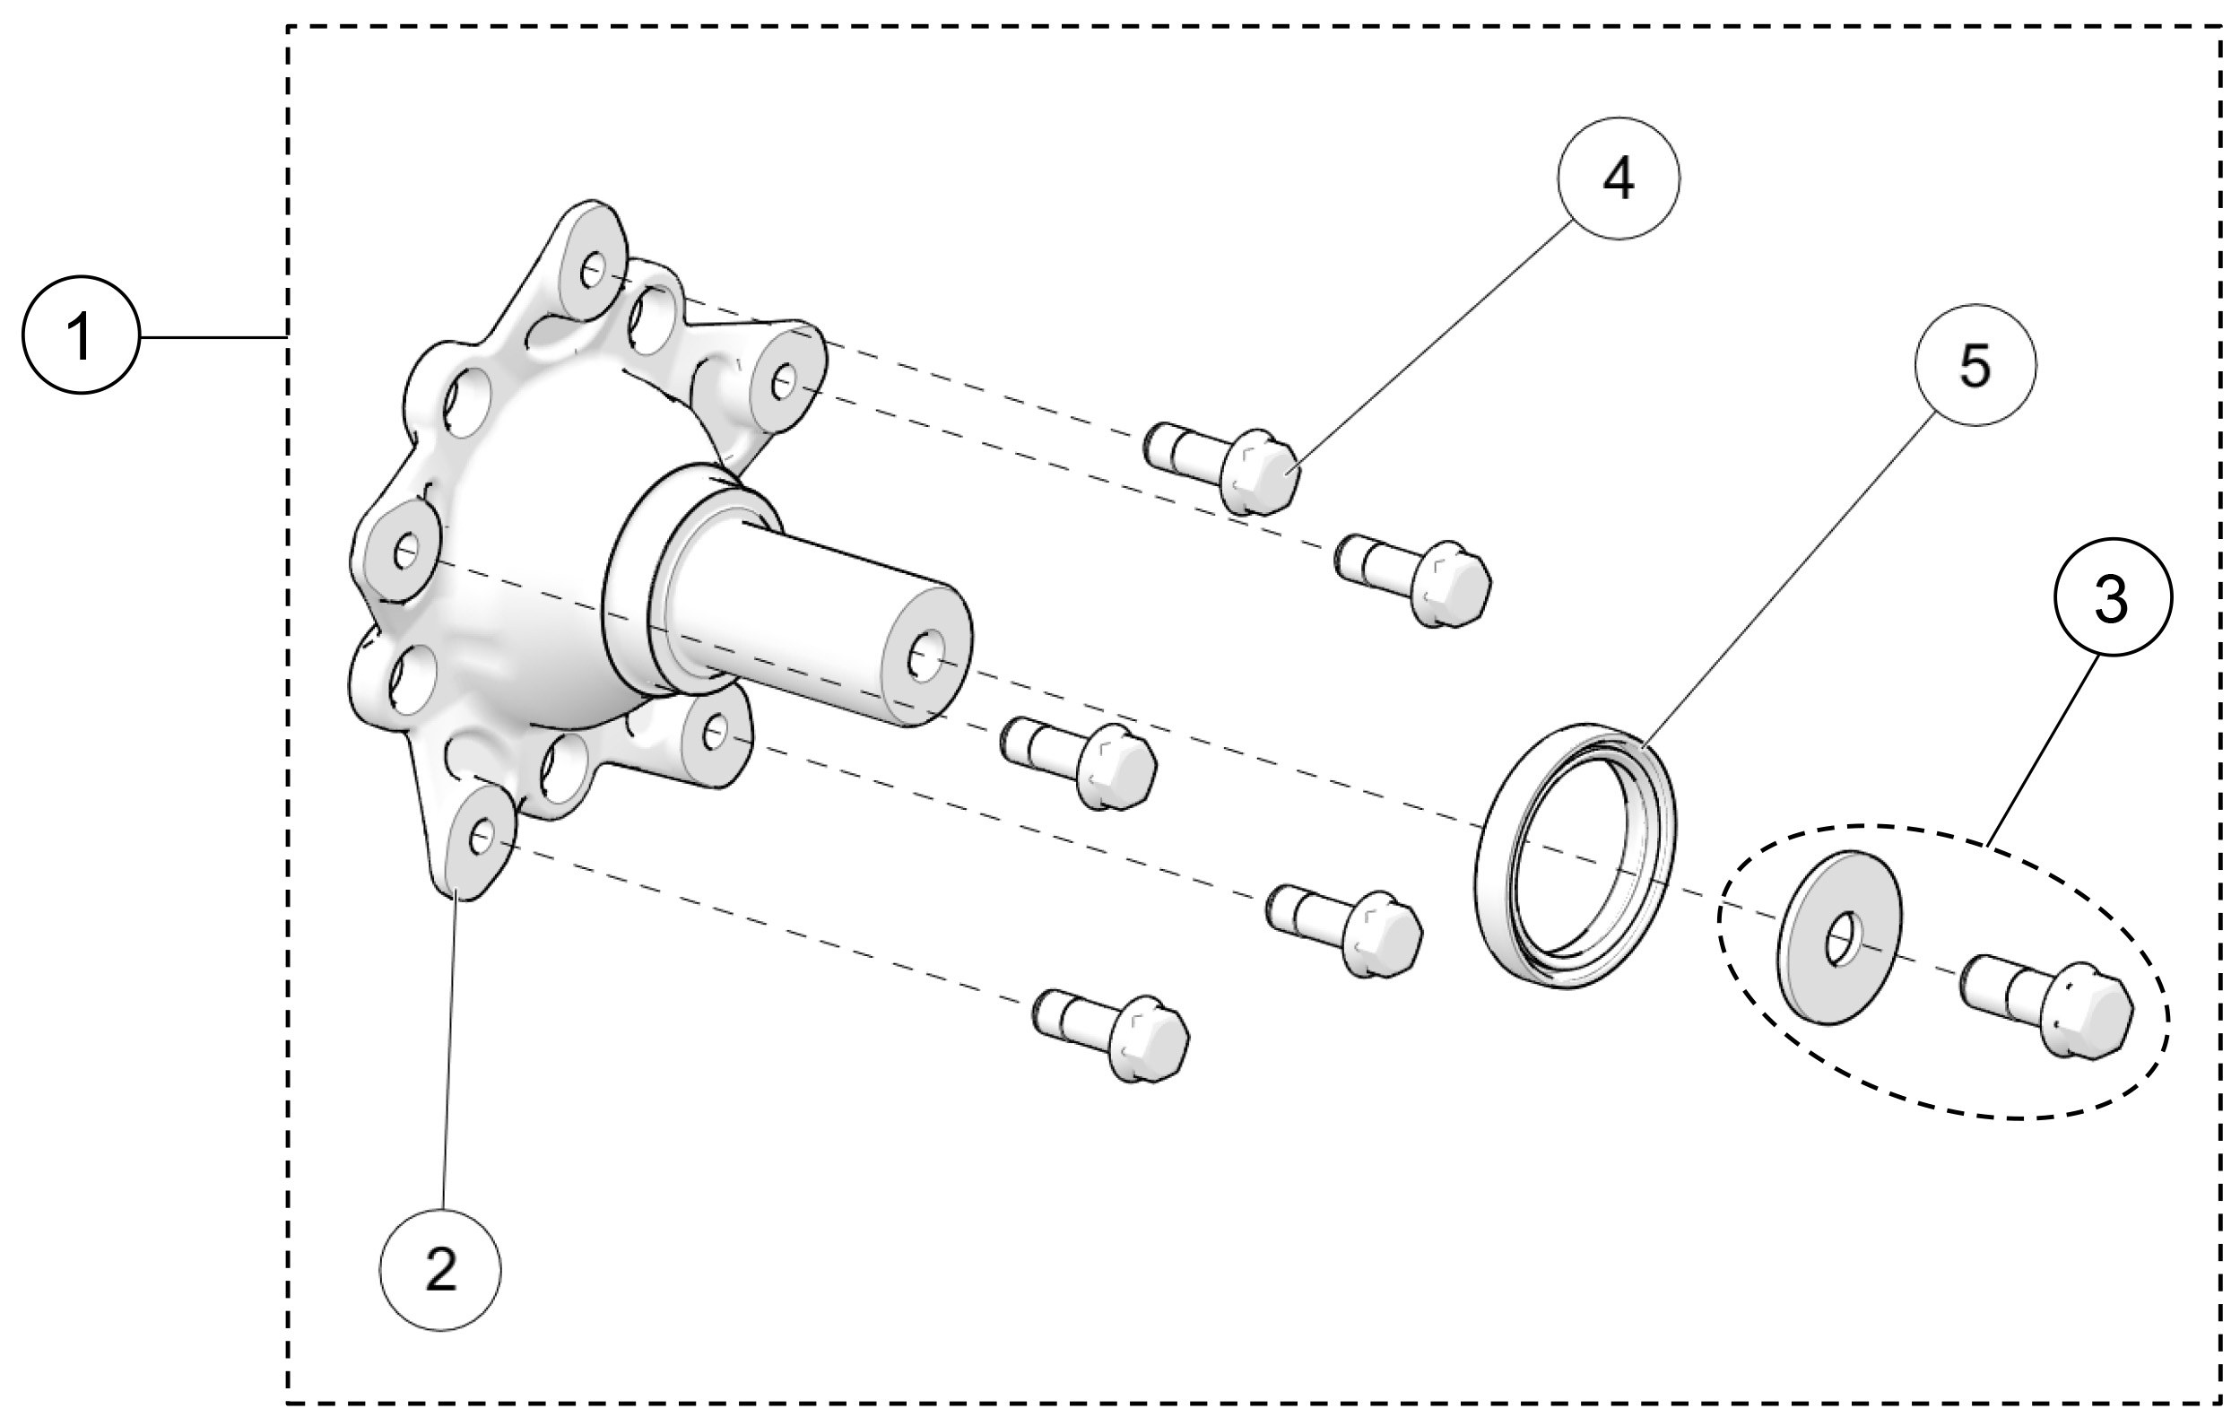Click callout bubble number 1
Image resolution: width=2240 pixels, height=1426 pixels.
pyautogui.click(x=81, y=334)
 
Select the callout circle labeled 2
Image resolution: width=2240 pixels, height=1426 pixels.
pyautogui.click(x=440, y=1269)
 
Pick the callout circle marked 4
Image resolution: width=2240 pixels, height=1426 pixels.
pyautogui.click(x=1619, y=178)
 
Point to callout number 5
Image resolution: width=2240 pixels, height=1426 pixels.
pyautogui.click(x=1975, y=365)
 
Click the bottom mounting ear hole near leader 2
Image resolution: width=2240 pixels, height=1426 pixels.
pyautogui.click(x=481, y=839)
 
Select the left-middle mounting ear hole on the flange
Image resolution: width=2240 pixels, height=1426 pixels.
pyautogui.click(x=404, y=554)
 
